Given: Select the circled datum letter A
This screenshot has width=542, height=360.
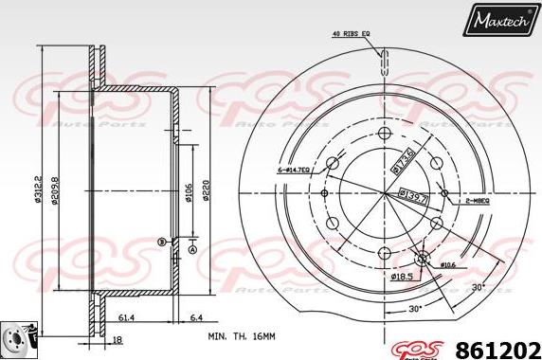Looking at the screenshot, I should click(x=191, y=250).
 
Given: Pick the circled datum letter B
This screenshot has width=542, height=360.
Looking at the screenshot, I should click(x=162, y=243).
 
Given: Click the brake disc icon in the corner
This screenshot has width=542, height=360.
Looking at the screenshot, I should click(x=17, y=338).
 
